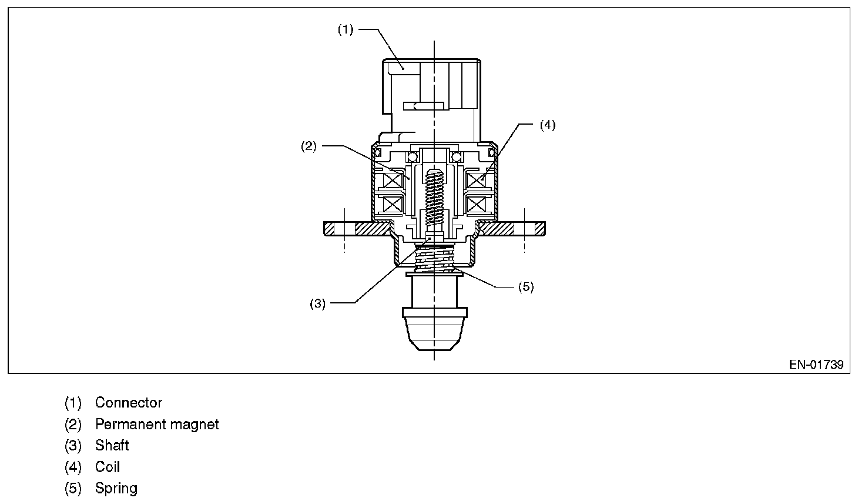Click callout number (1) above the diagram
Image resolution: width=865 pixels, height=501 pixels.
(346, 29)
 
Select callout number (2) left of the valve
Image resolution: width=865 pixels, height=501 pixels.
(309, 146)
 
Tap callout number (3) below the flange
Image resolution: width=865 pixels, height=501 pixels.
(317, 304)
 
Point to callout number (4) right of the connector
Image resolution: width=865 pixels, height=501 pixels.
(547, 125)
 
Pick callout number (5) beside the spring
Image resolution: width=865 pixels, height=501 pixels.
(525, 287)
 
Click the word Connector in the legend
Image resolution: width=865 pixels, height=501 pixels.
(128, 403)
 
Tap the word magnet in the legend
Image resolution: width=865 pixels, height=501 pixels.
(197, 424)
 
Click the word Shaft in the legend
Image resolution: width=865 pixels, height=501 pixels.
(112, 445)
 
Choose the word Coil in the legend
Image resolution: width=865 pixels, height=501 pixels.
(108, 467)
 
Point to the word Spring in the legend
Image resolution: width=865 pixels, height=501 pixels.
(116, 489)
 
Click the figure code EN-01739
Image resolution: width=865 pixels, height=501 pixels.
(816, 365)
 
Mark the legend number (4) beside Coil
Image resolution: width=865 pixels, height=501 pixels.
(73, 467)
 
